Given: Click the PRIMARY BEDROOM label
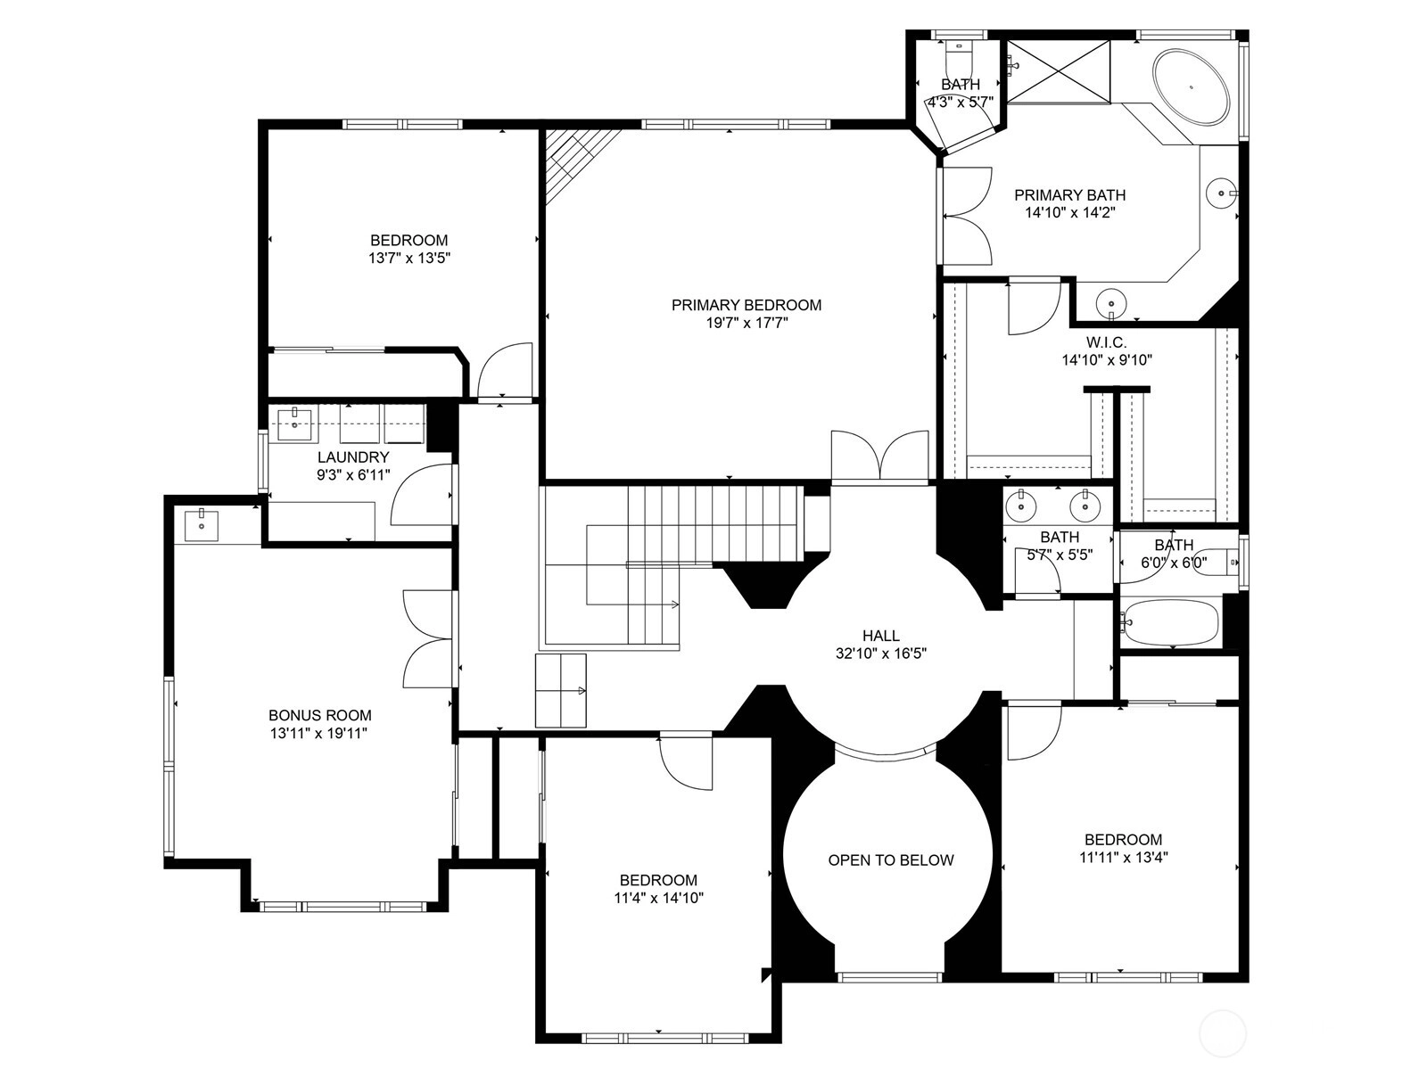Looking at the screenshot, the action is click(x=746, y=305).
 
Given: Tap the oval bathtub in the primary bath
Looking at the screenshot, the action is click(x=1191, y=86).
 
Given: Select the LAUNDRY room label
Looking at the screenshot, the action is click(x=353, y=456).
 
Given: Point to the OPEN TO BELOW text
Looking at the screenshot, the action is click(x=891, y=859).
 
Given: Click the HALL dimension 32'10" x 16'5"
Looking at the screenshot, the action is click(x=881, y=654).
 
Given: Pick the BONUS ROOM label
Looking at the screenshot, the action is click(x=320, y=715).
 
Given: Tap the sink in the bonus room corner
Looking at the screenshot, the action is click(x=201, y=525).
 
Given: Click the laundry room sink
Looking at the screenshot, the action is click(x=295, y=424).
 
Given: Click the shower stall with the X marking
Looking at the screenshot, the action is click(x=1059, y=70).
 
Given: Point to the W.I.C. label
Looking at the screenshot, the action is click(x=1107, y=341).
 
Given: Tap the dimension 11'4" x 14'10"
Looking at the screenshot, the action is click(x=658, y=898).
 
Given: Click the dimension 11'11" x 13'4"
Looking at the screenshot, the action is click(x=1124, y=857).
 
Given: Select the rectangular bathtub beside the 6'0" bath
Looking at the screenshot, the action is click(x=1170, y=622).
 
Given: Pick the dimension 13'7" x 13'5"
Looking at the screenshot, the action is click(x=408, y=258).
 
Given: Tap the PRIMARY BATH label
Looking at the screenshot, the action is click(x=1070, y=195).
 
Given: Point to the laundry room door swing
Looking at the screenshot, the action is click(x=421, y=495).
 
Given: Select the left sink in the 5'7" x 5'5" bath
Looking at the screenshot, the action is click(x=1021, y=505).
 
